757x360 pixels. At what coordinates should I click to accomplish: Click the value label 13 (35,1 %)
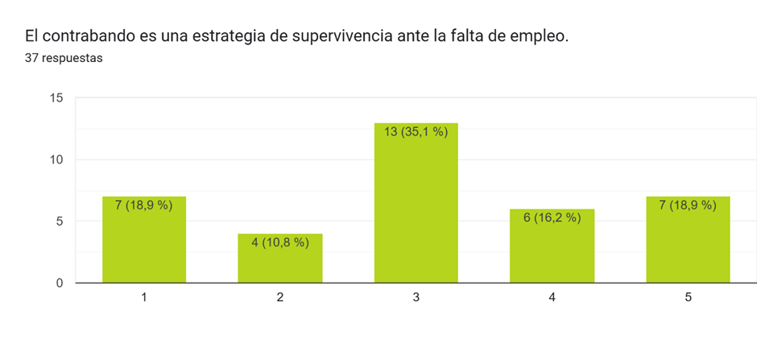pyautogui.click(x=416, y=132)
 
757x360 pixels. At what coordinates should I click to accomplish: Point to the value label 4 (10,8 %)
pyautogui.click(x=279, y=242)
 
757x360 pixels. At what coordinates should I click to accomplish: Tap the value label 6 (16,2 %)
pyautogui.click(x=552, y=217)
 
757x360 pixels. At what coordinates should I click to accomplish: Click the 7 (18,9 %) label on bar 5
pyautogui.click(x=688, y=205)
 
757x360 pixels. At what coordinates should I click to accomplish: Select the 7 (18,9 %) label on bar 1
pyautogui.click(x=143, y=205)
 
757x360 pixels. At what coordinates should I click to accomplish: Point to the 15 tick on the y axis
pyautogui.click(x=56, y=98)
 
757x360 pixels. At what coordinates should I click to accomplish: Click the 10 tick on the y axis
pyautogui.click(x=56, y=159)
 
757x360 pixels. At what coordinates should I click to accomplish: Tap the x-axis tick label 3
pyautogui.click(x=416, y=298)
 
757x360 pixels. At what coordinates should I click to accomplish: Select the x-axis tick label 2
pyautogui.click(x=279, y=298)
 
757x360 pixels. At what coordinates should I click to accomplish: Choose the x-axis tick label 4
pyautogui.click(x=552, y=298)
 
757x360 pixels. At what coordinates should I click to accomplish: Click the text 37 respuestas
pyautogui.click(x=64, y=58)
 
